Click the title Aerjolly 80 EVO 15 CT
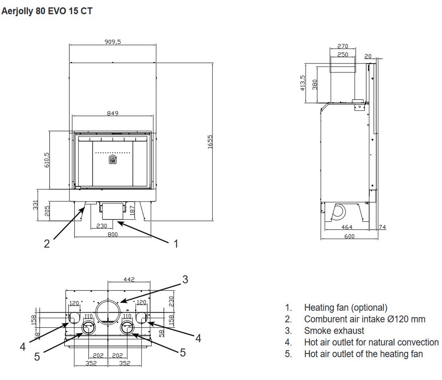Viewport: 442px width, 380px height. click(47, 11)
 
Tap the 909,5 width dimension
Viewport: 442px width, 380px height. click(113, 42)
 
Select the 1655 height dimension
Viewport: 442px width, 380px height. click(210, 142)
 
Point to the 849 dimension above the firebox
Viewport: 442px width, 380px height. click(112, 113)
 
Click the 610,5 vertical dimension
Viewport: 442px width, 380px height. click(47, 160)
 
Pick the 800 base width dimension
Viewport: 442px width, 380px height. click(112, 234)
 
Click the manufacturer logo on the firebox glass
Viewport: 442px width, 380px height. click(112, 160)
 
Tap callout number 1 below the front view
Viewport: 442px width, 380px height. click(176, 244)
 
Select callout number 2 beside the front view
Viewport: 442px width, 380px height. click(47, 244)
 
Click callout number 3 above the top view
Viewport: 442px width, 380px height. click(185, 279)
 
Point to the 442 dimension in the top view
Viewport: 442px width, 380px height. click(129, 279)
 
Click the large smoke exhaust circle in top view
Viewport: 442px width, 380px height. click(108, 311)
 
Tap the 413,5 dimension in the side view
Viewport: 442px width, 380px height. click(303, 83)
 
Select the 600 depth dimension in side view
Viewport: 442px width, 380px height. click(349, 236)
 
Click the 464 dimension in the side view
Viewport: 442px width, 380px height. click(347, 227)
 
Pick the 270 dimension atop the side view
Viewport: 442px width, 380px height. click(343, 46)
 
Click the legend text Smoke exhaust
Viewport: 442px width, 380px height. click(334, 331)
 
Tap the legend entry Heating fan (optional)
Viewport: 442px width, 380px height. click(346, 308)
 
